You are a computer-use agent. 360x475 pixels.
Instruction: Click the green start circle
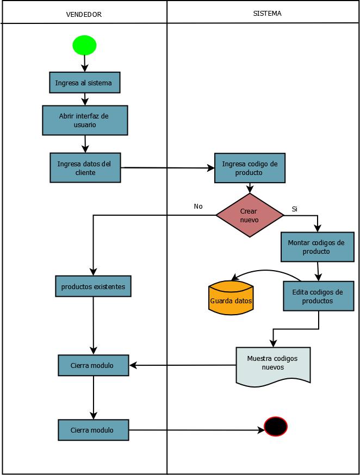coord(84,45)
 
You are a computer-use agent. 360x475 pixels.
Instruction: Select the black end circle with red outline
coord(275,427)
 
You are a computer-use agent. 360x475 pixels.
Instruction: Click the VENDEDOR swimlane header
coord(84,15)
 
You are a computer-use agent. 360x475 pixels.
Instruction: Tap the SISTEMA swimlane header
coord(267,14)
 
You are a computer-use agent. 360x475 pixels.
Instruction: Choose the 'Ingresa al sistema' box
coord(84,83)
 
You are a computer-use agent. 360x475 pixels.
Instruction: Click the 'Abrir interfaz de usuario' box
coord(84,120)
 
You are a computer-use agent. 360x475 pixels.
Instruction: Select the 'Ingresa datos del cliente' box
coord(84,167)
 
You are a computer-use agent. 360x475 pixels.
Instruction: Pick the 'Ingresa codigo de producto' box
coord(249,168)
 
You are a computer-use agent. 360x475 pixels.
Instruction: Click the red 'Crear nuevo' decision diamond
coord(250,215)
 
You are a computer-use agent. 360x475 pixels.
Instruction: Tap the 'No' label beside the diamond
coord(198,207)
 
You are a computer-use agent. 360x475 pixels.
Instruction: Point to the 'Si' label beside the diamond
coord(295,209)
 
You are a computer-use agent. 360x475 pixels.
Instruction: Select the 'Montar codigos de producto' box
coord(316,247)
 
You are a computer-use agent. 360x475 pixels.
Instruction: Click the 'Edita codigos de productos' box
coord(318,296)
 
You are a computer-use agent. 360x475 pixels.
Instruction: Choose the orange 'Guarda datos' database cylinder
coord(231,298)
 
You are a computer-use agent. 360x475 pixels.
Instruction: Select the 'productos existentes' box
coord(93,286)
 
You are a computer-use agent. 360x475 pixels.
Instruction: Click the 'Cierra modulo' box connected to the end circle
coord(93,430)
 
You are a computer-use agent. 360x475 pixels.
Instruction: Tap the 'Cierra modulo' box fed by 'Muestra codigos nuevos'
coord(93,365)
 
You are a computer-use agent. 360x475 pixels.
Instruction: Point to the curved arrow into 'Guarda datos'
coord(266,271)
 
